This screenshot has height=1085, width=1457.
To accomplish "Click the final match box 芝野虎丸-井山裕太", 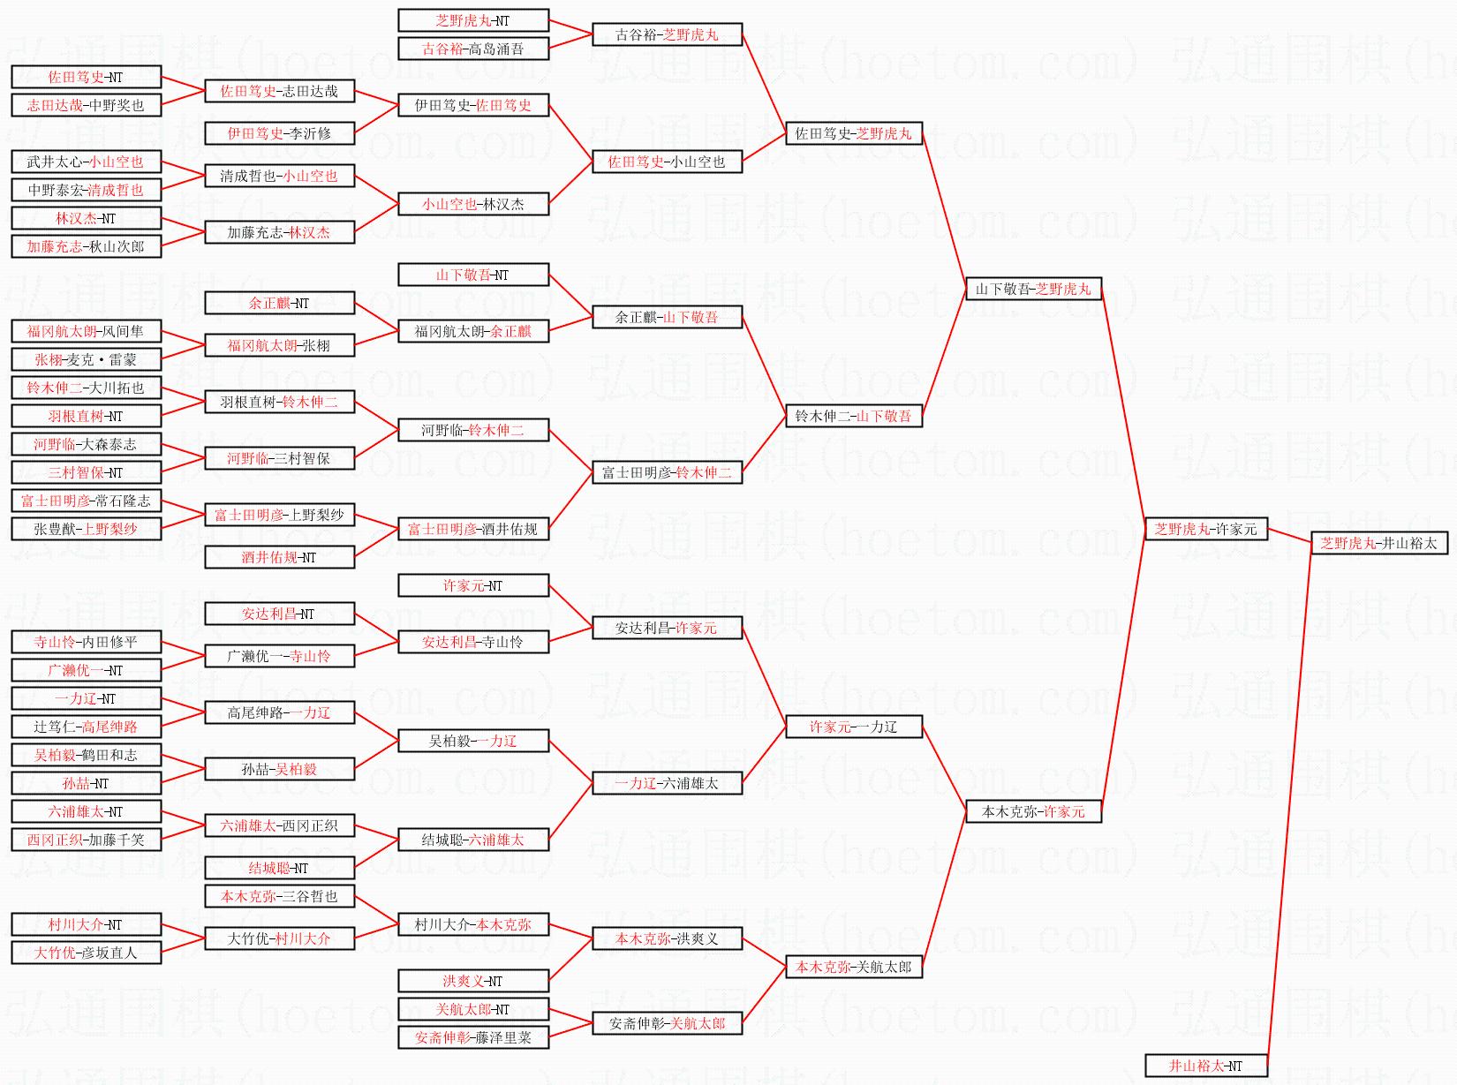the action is pos(1378,544).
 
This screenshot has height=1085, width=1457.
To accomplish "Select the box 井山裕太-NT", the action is pos(1205,1066).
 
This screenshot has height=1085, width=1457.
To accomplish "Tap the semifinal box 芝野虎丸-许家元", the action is pos(1205,530).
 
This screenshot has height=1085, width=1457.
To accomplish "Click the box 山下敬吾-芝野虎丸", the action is pos(1033,289).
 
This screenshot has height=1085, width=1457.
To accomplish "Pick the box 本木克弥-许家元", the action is pos(1033,811).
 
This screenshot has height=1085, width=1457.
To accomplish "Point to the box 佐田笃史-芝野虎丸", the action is pos(853,133).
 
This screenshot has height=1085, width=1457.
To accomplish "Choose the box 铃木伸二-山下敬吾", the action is pos(853,416).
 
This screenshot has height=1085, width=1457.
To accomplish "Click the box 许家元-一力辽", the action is pos(853,727).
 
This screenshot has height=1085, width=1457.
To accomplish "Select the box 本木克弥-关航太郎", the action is pos(853,967).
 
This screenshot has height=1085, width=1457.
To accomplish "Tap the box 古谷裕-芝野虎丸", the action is pos(667,34).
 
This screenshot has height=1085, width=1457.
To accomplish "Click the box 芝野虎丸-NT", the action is pos(472,20).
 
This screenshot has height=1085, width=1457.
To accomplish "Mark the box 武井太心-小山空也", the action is pos(86,162).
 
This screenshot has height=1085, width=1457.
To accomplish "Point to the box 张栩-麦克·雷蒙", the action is pos(86,359).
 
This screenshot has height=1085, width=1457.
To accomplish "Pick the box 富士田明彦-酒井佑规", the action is pos(472,529).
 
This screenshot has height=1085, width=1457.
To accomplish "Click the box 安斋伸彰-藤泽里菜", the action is pos(472,1037).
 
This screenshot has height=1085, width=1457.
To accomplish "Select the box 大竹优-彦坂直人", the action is pos(86,953).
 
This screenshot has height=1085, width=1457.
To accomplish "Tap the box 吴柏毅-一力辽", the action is pos(472,741).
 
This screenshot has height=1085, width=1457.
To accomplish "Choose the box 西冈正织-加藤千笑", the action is pos(86,840).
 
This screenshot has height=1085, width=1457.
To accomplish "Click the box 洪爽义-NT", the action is pos(472,981).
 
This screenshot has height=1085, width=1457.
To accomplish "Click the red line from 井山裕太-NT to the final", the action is pos(1289,803).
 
